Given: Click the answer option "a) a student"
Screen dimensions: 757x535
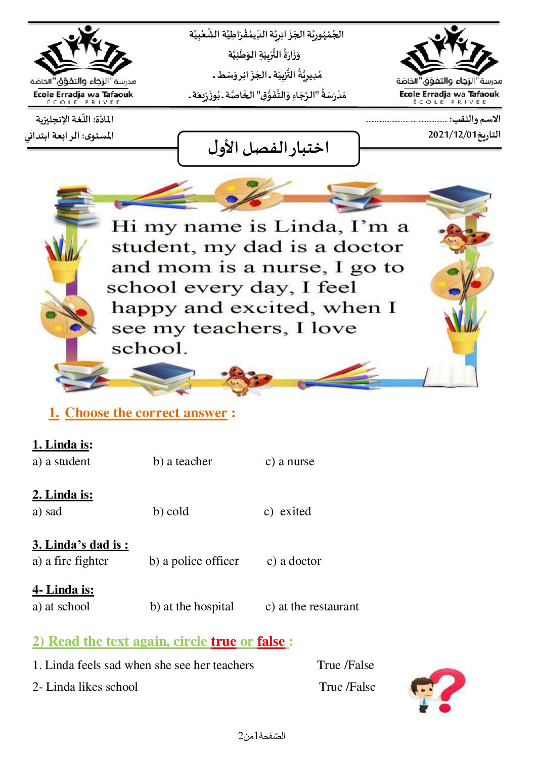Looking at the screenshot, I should [61, 461].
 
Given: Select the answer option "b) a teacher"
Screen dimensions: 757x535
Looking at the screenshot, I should [183, 461].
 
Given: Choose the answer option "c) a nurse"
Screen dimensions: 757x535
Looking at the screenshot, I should [290, 461].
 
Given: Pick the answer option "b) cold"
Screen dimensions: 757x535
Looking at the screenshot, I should [171, 511].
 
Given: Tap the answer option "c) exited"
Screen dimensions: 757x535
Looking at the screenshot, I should [288, 511].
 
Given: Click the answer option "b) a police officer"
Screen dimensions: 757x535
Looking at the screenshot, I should [194, 561].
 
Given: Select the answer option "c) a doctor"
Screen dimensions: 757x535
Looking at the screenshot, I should [294, 561].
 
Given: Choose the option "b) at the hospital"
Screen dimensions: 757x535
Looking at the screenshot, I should [192, 606].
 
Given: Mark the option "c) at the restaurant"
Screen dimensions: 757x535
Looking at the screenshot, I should [312, 606].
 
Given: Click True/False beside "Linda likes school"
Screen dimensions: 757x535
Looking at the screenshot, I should [347, 687].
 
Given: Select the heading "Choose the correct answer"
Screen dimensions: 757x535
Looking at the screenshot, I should [146, 413].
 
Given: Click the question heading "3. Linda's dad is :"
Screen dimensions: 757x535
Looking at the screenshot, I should [80, 545].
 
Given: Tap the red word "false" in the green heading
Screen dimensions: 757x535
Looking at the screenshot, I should [271, 641].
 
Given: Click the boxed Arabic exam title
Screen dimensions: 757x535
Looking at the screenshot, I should [269, 148].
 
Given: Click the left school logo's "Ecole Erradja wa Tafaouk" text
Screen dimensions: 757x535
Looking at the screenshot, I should [83, 94].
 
